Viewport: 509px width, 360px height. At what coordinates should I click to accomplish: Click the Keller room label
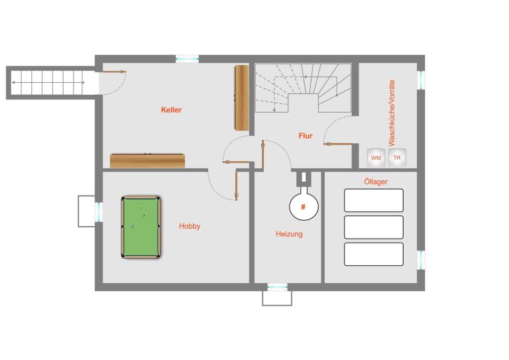tap(172, 109)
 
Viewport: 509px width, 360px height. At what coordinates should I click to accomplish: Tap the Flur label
tap(306, 136)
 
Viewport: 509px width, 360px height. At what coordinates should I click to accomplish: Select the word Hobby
tap(190, 226)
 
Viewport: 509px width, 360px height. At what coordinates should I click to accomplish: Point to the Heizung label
tap(289, 234)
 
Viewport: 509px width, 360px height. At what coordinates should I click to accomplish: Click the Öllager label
tap(376, 182)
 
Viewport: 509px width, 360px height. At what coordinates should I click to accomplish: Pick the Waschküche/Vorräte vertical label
tap(392, 113)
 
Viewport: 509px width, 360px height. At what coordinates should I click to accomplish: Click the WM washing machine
tap(376, 158)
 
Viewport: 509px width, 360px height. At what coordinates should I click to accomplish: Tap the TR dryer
tap(397, 158)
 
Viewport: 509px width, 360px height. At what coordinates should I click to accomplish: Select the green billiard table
tap(141, 227)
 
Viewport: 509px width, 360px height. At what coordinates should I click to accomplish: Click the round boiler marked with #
tap(304, 206)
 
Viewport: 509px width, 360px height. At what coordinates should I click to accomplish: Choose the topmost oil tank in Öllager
tap(374, 200)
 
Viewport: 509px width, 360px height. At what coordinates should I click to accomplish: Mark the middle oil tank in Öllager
tap(374, 227)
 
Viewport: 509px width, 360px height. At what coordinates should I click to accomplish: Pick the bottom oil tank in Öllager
tap(374, 254)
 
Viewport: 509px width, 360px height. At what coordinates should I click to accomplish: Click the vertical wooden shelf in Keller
tap(242, 97)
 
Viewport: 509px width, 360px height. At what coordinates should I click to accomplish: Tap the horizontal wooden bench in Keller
tap(147, 160)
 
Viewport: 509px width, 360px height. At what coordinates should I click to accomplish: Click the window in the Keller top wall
tap(188, 59)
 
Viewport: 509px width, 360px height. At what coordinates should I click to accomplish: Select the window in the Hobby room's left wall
tap(99, 211)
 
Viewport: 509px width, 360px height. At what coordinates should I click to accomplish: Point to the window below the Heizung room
tap(277, 287)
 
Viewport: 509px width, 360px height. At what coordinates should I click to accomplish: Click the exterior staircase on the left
tap(52, 83)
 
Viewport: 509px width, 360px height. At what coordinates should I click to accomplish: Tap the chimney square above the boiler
tap(304, 178)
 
